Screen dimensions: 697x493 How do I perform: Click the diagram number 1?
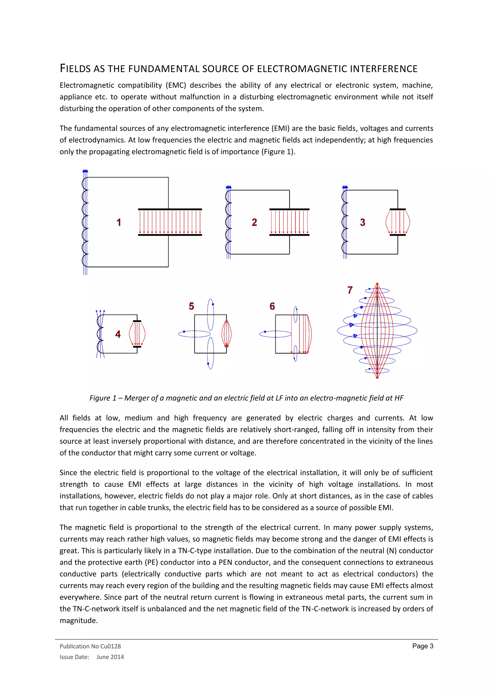[119, 223]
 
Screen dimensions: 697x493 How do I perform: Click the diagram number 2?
[254, 223]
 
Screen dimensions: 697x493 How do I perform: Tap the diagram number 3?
[363, 223]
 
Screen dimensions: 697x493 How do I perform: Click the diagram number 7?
[350, 290]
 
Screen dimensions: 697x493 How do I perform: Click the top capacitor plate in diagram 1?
[170, 209]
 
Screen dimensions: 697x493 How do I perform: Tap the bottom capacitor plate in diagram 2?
[289, 235]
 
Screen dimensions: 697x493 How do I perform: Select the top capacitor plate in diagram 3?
[398, 209]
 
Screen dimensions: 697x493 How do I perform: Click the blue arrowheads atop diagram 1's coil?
[85, 171]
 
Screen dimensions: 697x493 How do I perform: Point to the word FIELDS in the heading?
[75, 69]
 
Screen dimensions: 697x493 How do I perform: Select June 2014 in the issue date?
[110, 657]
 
